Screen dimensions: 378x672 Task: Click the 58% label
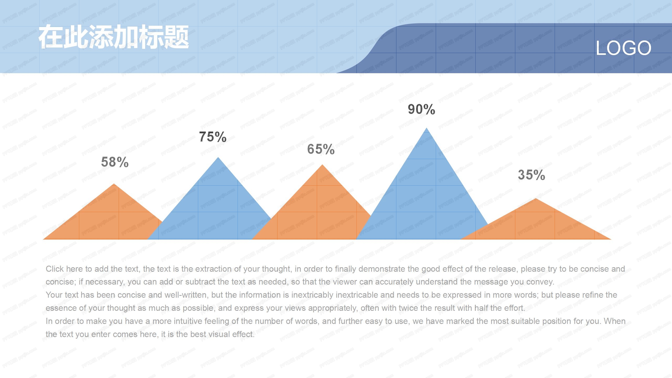pos(115,162)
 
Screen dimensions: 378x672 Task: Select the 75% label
pos(213,137)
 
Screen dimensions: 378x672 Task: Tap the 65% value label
pos(321,149)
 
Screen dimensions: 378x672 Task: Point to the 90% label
pos(421,109)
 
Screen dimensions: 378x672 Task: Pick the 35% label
pos(531,175)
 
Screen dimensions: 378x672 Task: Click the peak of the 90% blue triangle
pos(427,129)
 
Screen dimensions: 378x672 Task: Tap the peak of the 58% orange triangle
pos(114,184)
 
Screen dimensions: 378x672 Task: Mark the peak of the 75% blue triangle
pos(218,158)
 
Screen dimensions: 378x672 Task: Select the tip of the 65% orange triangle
pos(323,165)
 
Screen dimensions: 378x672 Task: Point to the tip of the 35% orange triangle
pos(536,199)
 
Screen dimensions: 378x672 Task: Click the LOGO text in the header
pos(623,48)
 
